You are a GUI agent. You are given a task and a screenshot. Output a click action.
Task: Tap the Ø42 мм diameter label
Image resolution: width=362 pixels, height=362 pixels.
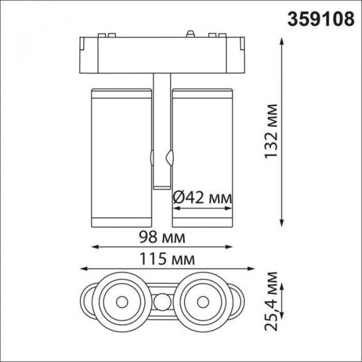coord(202,197)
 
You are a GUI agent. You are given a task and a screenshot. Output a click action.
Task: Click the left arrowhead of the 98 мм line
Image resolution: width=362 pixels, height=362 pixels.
coord(94,246)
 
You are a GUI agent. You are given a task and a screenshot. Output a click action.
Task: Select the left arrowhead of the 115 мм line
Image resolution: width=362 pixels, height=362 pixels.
coord(83,269)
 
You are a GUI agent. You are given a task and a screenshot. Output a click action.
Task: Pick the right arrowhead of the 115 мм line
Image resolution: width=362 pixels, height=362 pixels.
coord(244,269)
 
